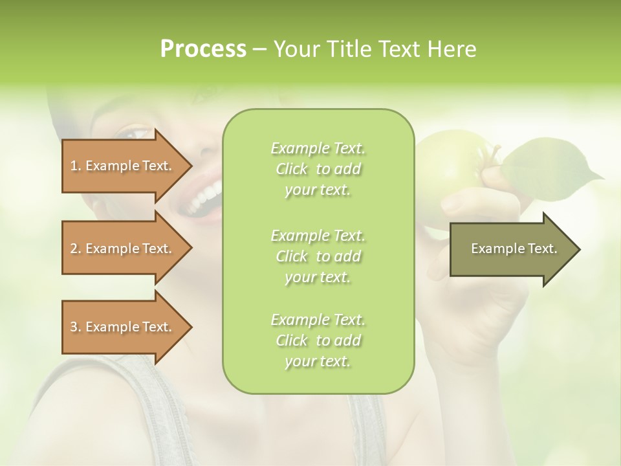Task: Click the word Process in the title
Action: point(203,49)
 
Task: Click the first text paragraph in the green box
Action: point(318,169)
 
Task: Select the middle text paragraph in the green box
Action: point(318,256)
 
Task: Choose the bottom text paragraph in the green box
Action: point(318,340)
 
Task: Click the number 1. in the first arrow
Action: point(76,166)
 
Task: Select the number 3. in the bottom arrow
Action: point(76,327)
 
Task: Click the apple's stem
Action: point(495,155)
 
